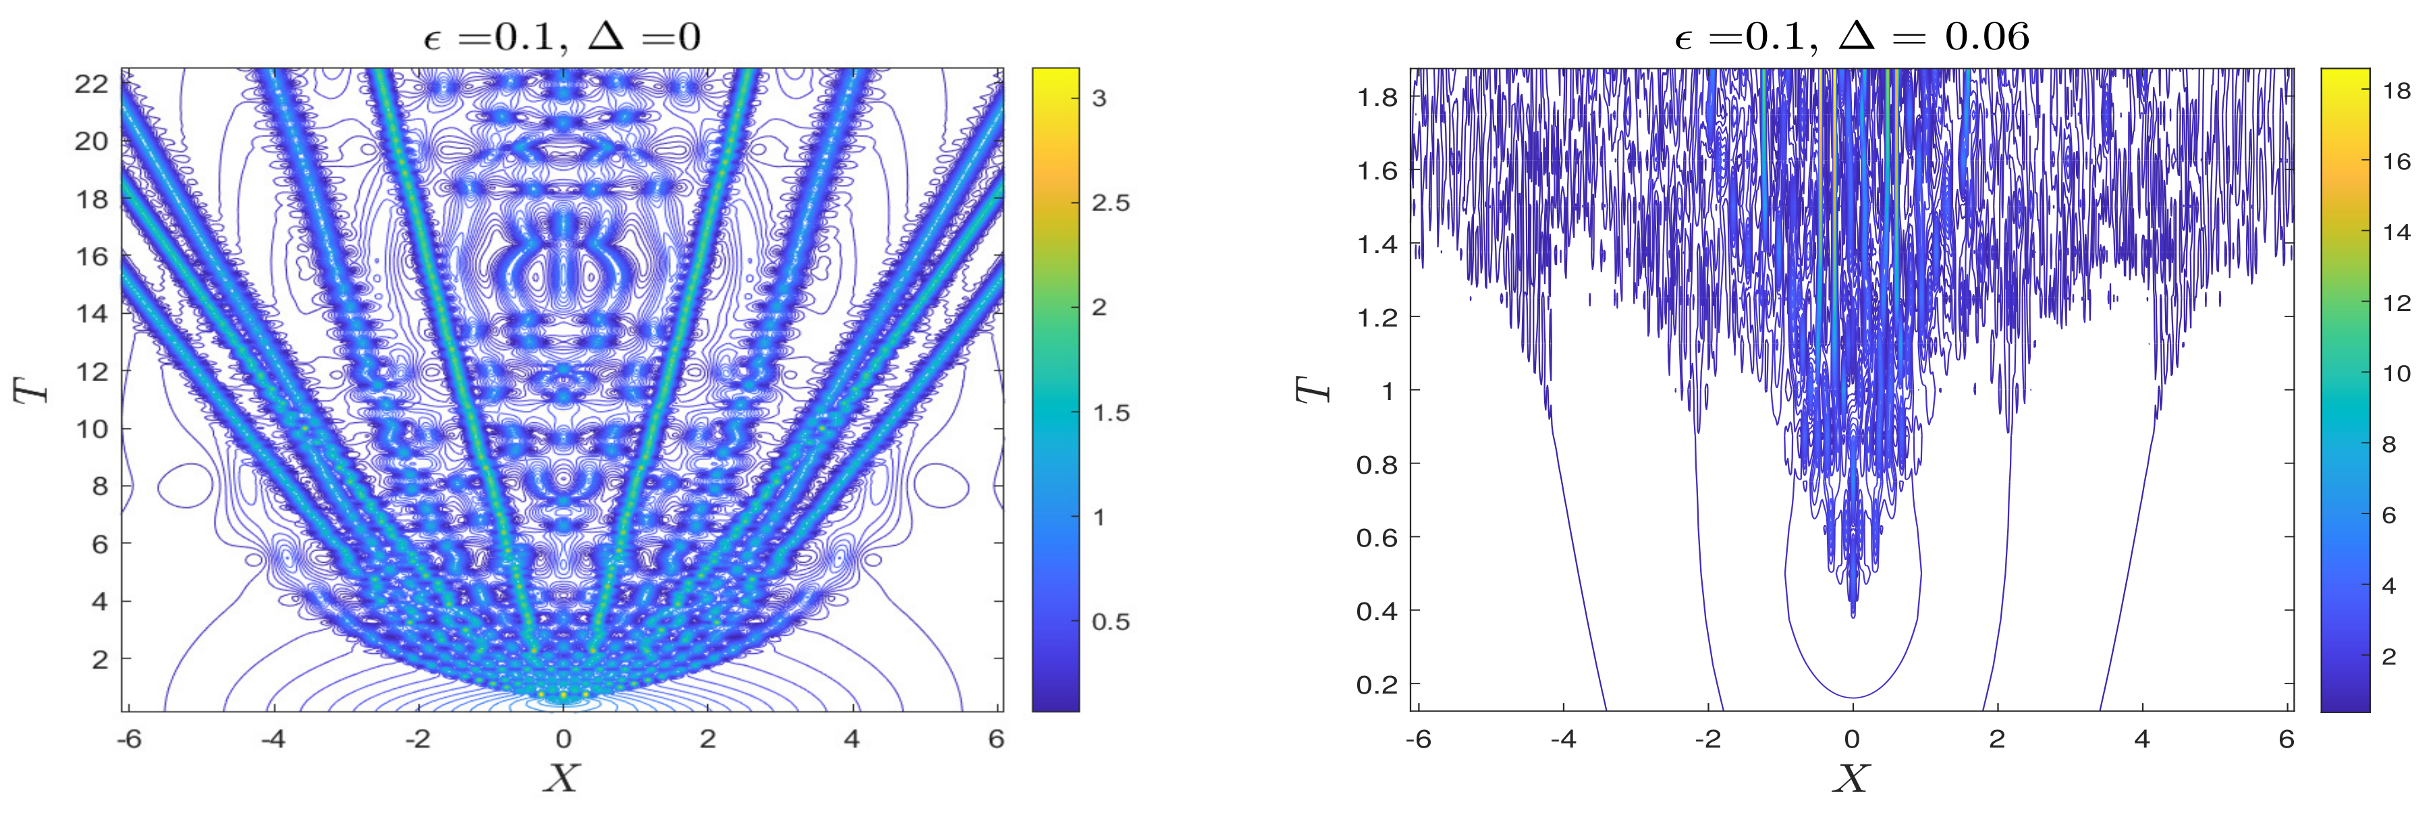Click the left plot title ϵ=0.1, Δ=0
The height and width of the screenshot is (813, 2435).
[562, 37]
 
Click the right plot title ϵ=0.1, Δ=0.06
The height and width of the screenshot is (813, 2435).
[1851, 37]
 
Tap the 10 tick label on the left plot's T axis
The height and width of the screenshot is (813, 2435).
[92, 429]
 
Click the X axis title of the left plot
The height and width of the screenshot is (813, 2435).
[562, 778]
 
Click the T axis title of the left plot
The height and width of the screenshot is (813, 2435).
[31, 389]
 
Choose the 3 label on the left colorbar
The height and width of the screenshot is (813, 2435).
[1099, 99]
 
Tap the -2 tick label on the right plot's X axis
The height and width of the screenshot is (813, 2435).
[1707, 738]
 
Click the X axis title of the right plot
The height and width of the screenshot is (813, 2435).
[1851, 778]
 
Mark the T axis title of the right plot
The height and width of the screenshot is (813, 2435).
[1312, 389]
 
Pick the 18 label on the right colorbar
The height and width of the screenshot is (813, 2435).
[2397, 91]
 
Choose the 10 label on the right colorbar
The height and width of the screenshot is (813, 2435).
[2397, 373]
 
